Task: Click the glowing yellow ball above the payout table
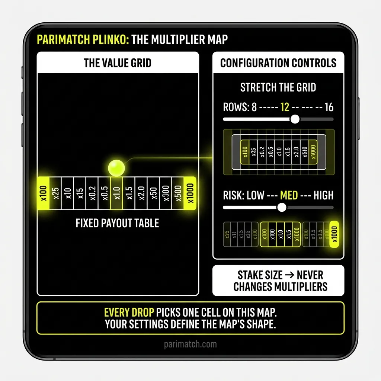116,167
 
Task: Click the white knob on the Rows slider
295,119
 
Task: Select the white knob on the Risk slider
282,207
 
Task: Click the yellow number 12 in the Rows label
285,108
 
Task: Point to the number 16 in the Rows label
329,108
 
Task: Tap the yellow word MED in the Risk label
289,195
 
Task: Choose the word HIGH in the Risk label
323,195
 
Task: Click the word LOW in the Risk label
255,195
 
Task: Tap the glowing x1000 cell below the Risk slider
334,235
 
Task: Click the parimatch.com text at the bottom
190,344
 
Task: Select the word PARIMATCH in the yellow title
64,40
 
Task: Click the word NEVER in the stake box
310,276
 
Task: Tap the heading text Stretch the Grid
278,88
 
